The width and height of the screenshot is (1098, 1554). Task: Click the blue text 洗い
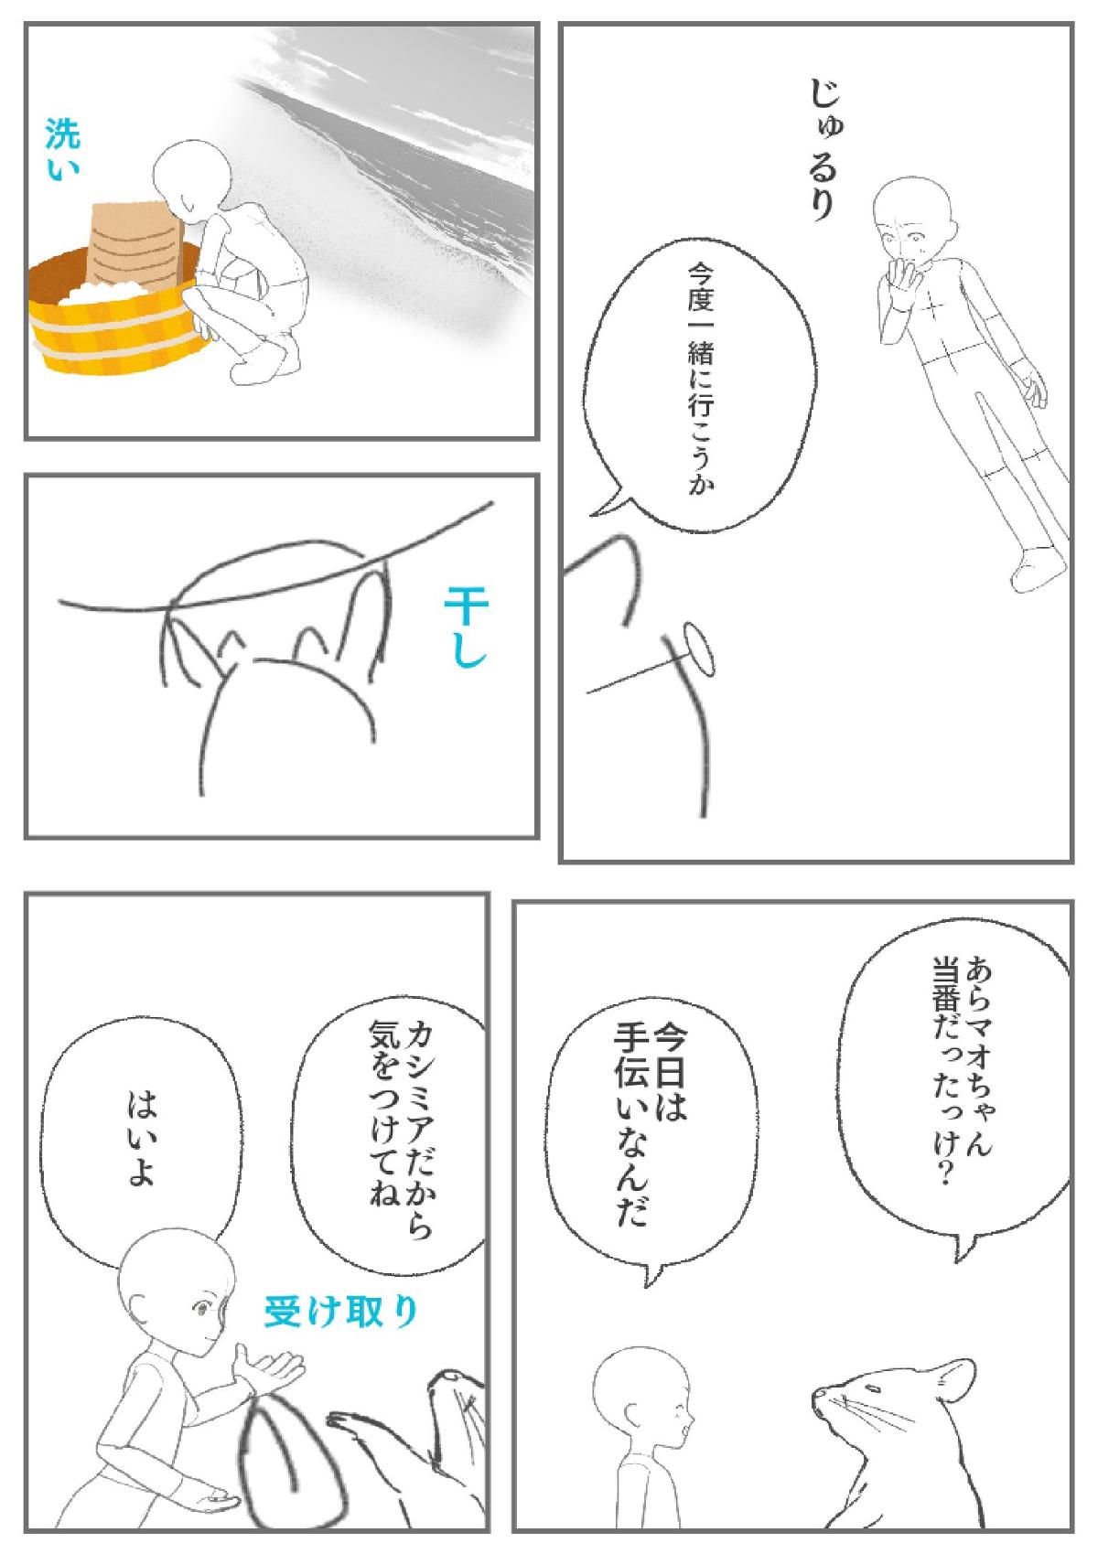pyautogui.click(x=63, y=149)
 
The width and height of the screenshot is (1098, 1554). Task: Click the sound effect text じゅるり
pyautogui.click(x=827, y=149)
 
